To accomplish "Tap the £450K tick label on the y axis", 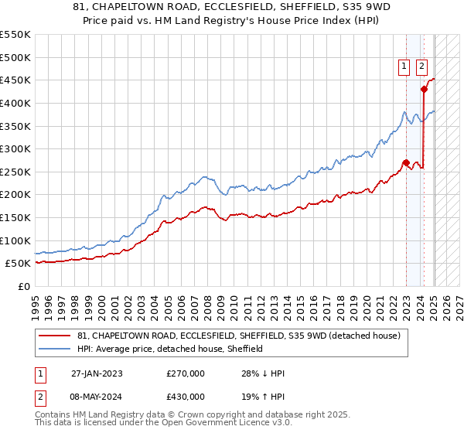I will pyautogui.click(x=15, y=80).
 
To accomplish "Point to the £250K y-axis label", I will pyautogui.click(x=15, y=172).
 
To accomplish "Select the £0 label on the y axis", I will pyautogui.click(x=23, y=286).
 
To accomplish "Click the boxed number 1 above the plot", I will pyautogui.click(x=404, y=67).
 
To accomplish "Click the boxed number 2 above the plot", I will pyautogui.click(x=422, y=67).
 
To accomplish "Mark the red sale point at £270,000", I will pyautogui.click(x=406, y=162).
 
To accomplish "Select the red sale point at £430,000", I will pyautogui.click(x=424, y=89).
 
